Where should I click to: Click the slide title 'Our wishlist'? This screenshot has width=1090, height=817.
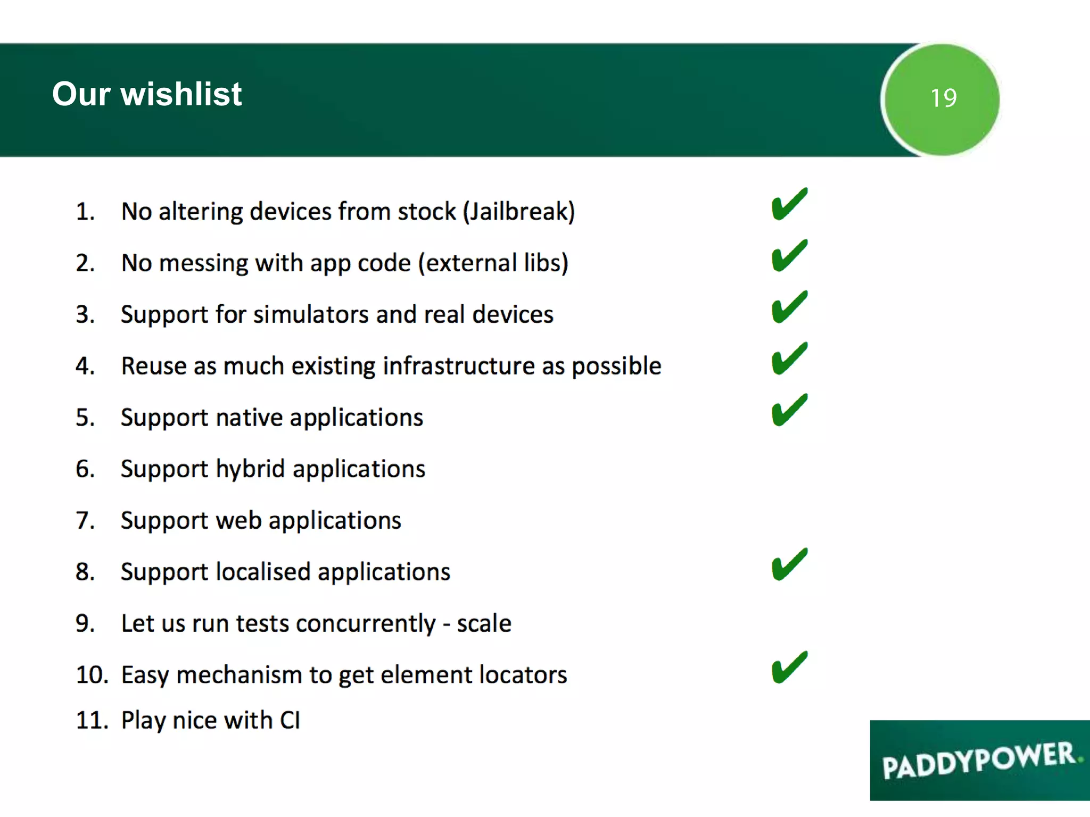[x=147, y=94]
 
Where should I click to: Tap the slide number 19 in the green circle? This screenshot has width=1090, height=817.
[x=943, y=98]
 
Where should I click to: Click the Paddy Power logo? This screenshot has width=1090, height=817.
[x=979, y=760]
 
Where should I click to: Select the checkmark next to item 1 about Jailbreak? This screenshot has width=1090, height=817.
[x=789, y=205]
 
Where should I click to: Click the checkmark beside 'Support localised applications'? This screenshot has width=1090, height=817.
[x=789, y=565]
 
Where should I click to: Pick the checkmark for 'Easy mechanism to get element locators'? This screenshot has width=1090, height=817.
[x=789, y=668]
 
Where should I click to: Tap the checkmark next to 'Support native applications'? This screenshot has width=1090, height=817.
[x=789, y=411]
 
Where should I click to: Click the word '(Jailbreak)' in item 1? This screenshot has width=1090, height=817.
[x=519, y=212]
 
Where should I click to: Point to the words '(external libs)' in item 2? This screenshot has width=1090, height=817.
[x=493, y=263]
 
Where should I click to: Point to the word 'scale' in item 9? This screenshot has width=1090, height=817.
[x=484, y=623]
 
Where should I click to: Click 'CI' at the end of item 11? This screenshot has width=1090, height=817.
[x=290, y=720]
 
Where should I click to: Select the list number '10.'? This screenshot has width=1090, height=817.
[x=92, y=675]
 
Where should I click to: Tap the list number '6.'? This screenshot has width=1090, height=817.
[x=85, y=469]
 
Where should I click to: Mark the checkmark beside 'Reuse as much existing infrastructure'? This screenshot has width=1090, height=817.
[x=789, y=359]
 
